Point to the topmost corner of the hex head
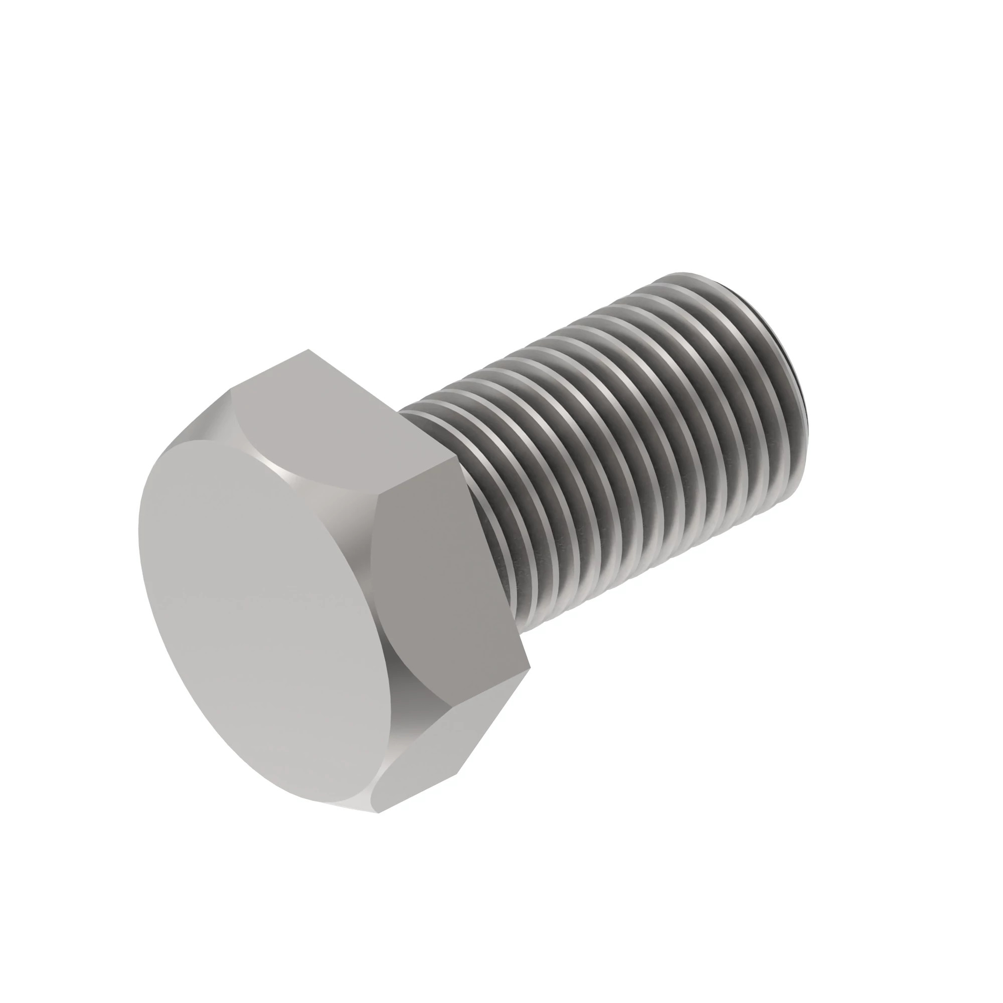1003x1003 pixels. pyautogui.click(x=308, y=350)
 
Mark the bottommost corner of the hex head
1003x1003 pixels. pyautogui.click(x=379, y=812)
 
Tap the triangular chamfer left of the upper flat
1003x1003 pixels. pyautogui.click(x=203, y=421)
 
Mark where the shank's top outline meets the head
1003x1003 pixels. pyautogui.click(x=399, y=411)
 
